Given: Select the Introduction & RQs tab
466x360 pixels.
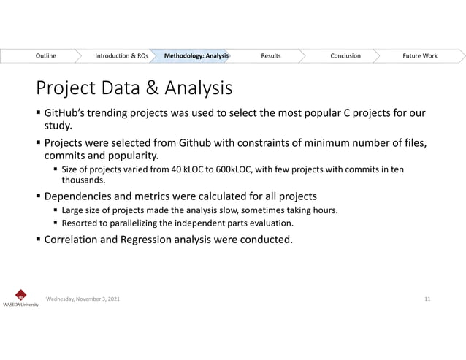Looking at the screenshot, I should [121, 55].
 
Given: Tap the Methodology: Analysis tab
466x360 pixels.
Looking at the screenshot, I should [196, 55].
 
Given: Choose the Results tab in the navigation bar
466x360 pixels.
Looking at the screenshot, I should [270, 55].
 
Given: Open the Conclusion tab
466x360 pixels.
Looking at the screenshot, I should [345, 55].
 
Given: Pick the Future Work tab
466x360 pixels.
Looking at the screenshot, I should [420, 55].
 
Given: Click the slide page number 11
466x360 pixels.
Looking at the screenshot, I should [427, 299].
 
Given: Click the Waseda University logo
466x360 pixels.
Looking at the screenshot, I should [20, 297].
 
